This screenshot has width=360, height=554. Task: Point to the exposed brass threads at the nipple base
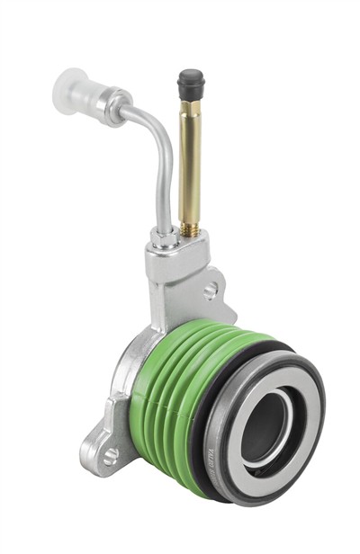point(190,228)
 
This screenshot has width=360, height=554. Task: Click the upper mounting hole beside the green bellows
point(210,290)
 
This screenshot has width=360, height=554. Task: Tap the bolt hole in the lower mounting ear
point(111,456)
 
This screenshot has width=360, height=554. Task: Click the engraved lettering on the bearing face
point(232,450)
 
